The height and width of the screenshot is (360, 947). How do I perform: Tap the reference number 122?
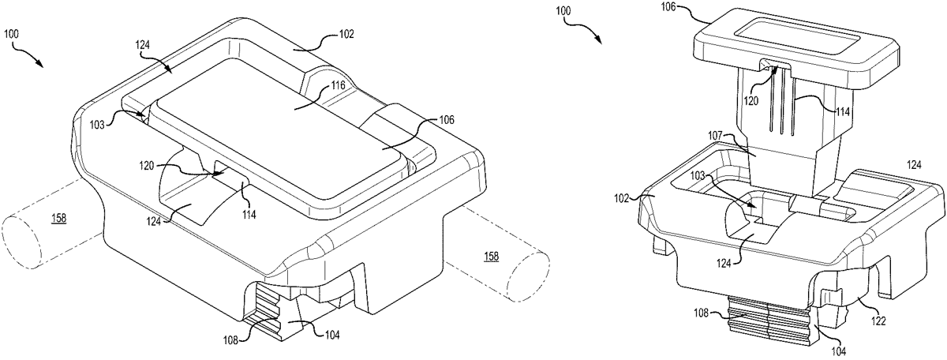pyautogui.click(x=878, y=321)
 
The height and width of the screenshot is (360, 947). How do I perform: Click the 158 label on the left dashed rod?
pyautogui.click(x=58, y=218)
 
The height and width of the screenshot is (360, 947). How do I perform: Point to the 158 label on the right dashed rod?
pyautogui.click(x=491, y=257)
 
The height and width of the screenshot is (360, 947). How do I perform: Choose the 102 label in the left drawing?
pyautogui.click(x=346, y=34)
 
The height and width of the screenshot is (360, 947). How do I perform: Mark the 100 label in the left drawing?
pyautogui.click(x=11, y=34)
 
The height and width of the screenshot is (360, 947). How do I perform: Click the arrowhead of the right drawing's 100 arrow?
pyautogui.click(x=599, y=40)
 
